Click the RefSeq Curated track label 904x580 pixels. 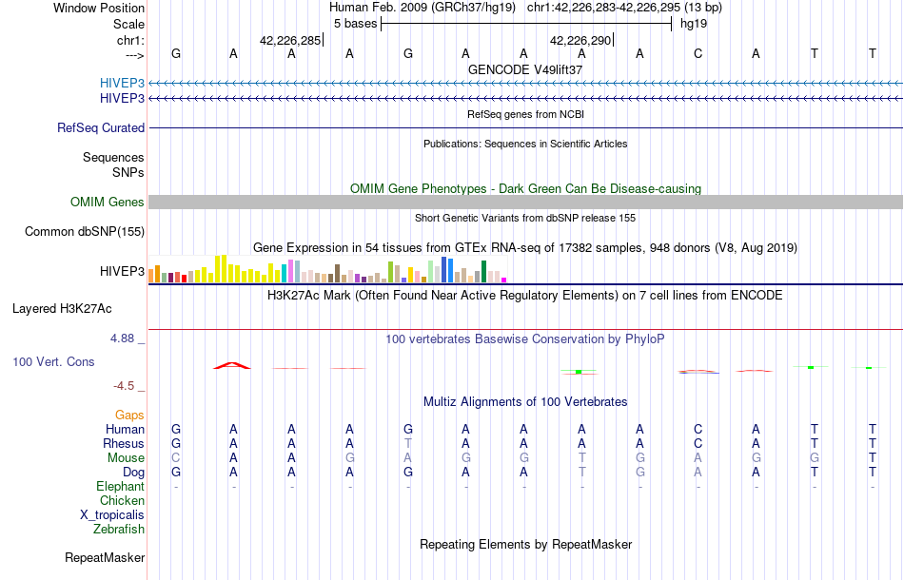[x=101, y=127]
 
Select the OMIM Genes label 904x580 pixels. [x=108, y=202]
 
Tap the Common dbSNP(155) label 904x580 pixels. [x=85, y=231]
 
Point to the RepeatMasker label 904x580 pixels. [x=105, y=557]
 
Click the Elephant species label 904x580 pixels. [x=120, y=486]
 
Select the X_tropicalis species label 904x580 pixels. [x=112, y=514]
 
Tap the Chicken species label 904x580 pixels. [x=122, y=500]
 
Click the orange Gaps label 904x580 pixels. [x=129, y=415]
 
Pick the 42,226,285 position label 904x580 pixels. [x=290, y=41]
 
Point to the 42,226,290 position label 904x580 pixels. [x=580, y=41]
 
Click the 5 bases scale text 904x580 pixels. [x=355, y=23]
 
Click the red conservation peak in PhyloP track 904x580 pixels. [x=233, y=364]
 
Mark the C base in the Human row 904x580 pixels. [x=698, y=429]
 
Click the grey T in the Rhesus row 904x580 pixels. [x=408, y=443]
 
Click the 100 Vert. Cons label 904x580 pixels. [x=53, y=362]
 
